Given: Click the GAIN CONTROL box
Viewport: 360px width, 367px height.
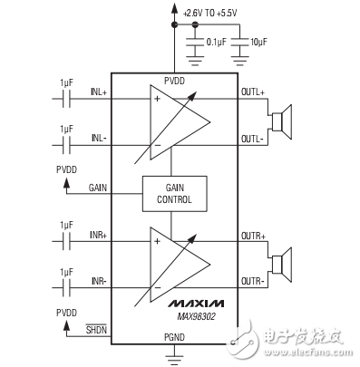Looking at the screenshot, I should [x=174, y=191].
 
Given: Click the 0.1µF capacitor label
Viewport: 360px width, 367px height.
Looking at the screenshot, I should [x=217, y=42].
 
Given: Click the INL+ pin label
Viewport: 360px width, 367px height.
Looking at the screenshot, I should [x=98, y=92].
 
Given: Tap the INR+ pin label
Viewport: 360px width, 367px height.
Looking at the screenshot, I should [x=98, y=236].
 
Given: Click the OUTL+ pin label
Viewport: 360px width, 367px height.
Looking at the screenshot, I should [x=251, y=92].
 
